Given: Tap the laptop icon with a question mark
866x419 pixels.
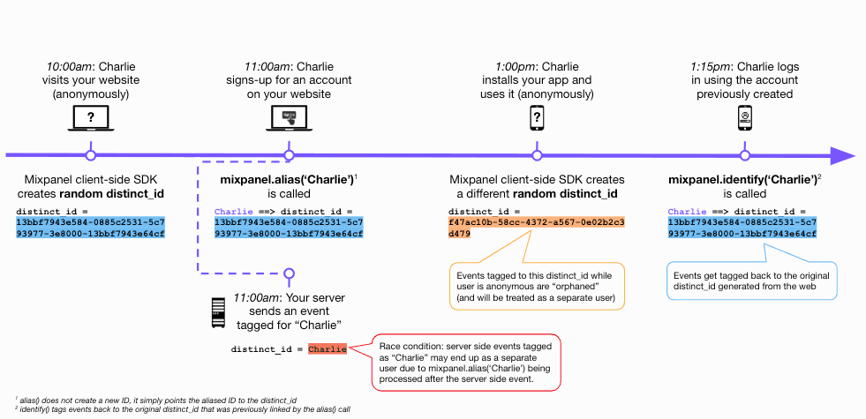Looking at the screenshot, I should tap(90, 117).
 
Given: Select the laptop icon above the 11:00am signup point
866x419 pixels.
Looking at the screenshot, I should tap(288, 117).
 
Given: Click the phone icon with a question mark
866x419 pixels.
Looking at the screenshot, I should tap(536, 117).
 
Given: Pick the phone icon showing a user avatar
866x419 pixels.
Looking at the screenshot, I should tap(744, 117).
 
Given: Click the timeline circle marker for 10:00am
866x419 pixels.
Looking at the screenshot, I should tap(90, 156).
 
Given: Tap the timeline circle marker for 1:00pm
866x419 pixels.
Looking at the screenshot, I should tap(536, 156).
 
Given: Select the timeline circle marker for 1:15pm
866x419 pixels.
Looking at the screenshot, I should tap(744, 156).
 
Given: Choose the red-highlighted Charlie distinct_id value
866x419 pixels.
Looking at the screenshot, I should tap(328, 349).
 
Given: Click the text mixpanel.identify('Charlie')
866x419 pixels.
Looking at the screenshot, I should tap(742, 179).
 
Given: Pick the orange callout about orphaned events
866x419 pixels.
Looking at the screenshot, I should tap(536, 285).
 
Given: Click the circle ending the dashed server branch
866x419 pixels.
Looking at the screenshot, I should tap(288, 274).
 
